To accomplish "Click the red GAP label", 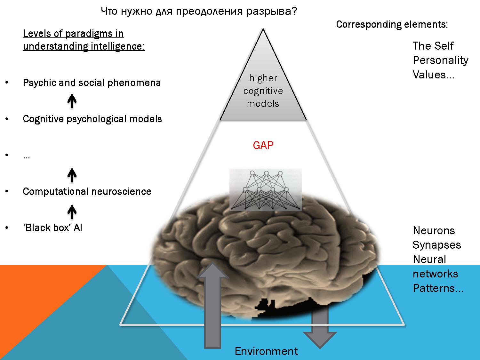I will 263,146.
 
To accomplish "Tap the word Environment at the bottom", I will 266,351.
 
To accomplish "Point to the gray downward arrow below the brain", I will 320,330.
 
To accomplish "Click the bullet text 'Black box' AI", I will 52,228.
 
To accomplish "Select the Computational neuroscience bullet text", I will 87,191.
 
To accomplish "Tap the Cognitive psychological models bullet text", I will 92,119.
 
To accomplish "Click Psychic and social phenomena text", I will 92,83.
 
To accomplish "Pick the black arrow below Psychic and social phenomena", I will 72,101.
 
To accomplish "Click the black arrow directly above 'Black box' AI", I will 72,212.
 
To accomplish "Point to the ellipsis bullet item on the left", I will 27,156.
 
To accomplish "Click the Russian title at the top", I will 199,12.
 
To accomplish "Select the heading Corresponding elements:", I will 392,25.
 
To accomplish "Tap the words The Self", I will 433,46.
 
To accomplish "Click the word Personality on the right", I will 440,60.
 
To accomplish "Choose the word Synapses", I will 436,245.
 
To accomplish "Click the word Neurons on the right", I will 434,230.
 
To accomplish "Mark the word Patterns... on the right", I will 438,288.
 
